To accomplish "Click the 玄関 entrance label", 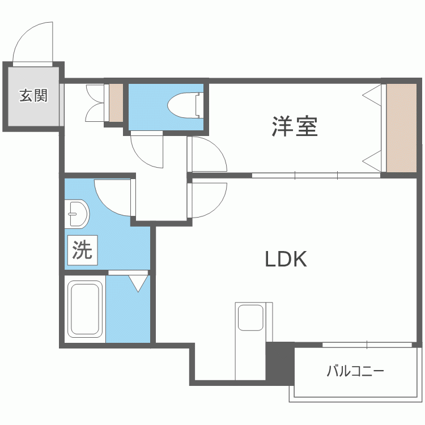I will (x=33, y=96).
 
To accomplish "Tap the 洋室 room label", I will (x=294, y=126).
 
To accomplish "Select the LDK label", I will (x=286, y=260).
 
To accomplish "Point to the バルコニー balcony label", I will (x=355, y=372).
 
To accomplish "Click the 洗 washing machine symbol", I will (x=83, y=249).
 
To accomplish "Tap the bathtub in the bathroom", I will (x=85, y=309).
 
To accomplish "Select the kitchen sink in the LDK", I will (x=250, y=317).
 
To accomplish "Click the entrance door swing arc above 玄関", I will (x=34, y=42).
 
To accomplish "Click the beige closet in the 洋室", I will (x=401, y=128).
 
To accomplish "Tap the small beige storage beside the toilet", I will (x=116, y=103).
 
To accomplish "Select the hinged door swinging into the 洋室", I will (x=208, y=154).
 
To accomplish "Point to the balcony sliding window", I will (x=367, y=345).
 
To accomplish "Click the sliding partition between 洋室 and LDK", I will (x=316, y=176).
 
